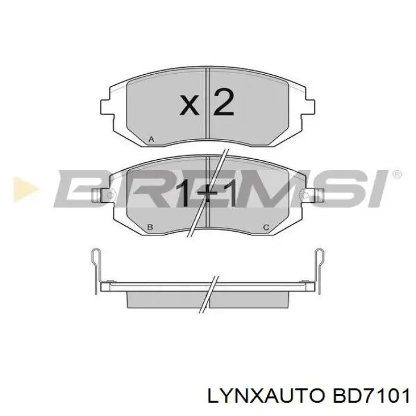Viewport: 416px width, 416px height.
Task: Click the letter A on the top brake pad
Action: (151, 139)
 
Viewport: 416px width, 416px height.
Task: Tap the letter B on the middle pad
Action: (150, 227)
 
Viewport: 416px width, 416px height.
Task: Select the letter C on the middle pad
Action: (266, 227)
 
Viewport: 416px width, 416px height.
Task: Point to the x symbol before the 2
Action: (189, 105)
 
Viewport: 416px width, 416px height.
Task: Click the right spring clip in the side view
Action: (319, 261)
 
